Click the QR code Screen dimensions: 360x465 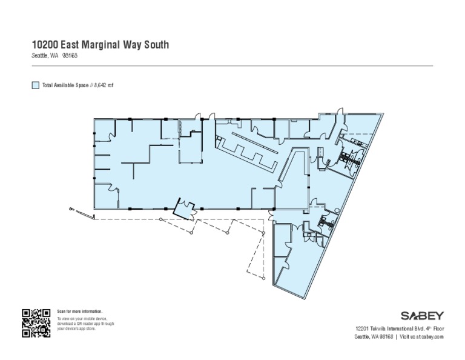(x=36, y=323)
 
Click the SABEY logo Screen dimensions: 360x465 (x=422, y=316)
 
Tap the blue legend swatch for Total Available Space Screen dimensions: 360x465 (x=35, y=85)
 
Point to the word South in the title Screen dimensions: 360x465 (x=156, y=44)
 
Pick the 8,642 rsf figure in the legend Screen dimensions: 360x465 (x=104, y=85)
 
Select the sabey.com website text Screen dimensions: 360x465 (x=432, y=336)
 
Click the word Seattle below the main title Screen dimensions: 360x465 (x=41, y=55)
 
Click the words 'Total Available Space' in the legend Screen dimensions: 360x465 (x=65, y=85)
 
